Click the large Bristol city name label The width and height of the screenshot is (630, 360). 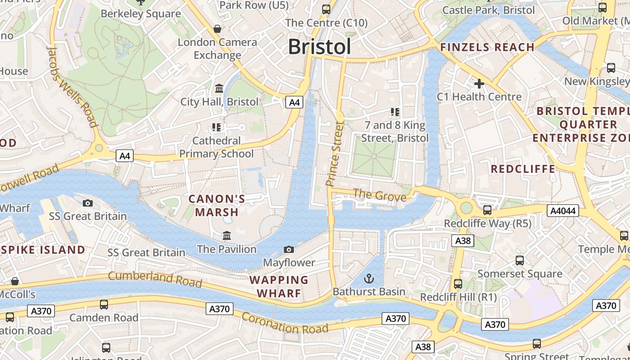319,46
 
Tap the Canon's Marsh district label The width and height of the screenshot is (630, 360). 216,206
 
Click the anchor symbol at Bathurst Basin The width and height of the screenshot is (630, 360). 369,279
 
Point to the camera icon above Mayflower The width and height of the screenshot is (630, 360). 289,249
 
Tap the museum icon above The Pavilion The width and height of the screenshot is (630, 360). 227,236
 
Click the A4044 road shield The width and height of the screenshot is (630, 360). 562,211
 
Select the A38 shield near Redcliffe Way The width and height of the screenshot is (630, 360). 463,241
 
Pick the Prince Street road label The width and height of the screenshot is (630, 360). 335,153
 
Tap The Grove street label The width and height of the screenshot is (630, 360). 379,195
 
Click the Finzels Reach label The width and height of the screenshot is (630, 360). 487,47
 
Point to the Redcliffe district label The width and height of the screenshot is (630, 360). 523,169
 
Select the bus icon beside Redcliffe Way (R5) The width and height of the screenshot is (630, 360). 487,210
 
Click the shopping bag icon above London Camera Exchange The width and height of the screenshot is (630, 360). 217,29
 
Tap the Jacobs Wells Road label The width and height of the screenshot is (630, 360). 72,87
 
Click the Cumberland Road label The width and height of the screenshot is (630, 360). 155,279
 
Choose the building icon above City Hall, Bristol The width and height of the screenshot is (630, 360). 219,88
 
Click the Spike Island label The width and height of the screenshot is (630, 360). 43,250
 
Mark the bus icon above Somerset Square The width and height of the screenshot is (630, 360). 520,260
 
